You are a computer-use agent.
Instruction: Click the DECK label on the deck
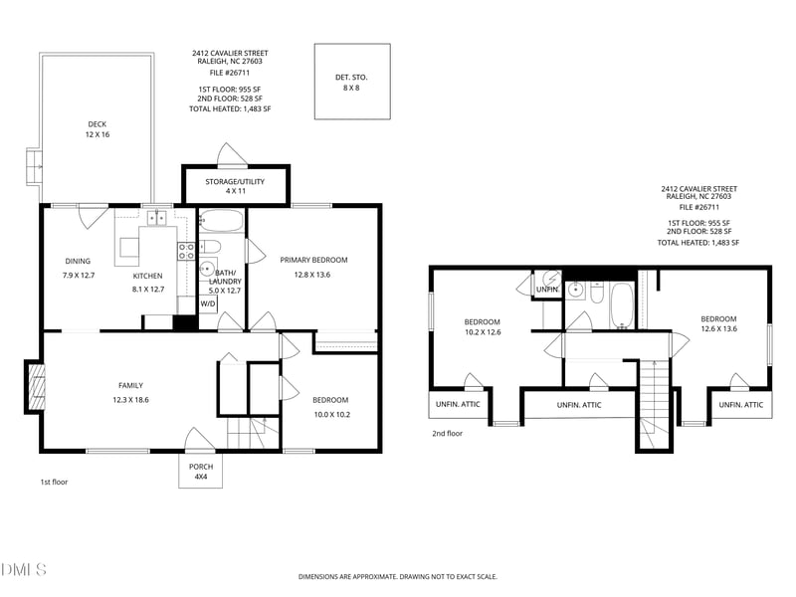pyautogui.click(x=97, y=123)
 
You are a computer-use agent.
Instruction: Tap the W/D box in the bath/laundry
pyautogui.click(x=208, y=304)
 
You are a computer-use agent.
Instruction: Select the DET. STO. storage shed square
pyautogui.click(x=352, y=82)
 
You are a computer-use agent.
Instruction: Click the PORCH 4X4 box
pyautogui.click(x=201, y=471)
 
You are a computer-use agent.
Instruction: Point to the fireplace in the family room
pyautogui.click(x=35, y=386)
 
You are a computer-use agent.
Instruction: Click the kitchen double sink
pyautogui.click(x=156, y=218)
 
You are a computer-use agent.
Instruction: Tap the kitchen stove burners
pyautogui.click(x=186, y=252)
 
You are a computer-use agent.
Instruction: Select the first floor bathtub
pyautogui.click(x=221, y=221)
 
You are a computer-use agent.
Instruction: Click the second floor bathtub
pyautogui.click(x=622, y=305)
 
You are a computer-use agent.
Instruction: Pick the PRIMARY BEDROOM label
pyautogui.click(x=313, y=260)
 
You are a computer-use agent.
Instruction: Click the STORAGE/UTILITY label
pyautogui.click(x=235, y=181)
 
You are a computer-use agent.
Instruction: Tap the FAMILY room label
pyautogui.click(x=131, y=385)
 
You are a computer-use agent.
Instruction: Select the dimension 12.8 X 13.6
pyautogui.click(x=312, y=275)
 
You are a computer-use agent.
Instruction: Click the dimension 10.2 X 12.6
pyautogui.click(x=483, y=332)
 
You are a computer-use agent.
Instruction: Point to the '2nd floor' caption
pyautogui.click(x=447, y=434)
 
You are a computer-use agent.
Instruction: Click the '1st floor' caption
pyautogui.click(x=54, y=482)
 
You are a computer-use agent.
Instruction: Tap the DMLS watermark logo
pyautogui.click(x=23, y=569)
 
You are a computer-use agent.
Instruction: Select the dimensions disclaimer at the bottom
pyautogui.click(x=397, y=577)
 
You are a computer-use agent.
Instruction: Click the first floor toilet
pyautogui.click(x=210, y=247)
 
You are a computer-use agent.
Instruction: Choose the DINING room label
pyautogui.click(x=78, y=261)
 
